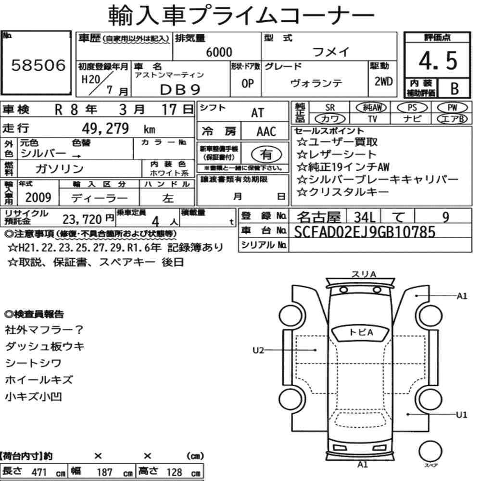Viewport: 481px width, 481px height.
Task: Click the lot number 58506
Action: click(38, 65)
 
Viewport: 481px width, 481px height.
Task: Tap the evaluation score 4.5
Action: click(438, 61)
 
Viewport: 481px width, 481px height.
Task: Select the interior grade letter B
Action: click(455, 89)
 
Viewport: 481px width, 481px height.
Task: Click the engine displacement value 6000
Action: click(219, 52)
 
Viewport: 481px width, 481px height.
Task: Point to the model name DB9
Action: click(180, 90)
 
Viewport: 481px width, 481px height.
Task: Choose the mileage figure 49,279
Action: click(105, 128)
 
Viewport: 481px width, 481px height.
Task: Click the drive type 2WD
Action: click(383, 81)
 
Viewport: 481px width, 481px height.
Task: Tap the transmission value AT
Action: click(258, 113)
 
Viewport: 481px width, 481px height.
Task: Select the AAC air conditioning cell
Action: click(266, 132)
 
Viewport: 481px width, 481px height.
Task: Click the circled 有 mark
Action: click(266, 154)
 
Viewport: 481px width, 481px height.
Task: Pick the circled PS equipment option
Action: click(412, 108)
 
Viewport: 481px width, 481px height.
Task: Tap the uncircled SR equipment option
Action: click(330, 108)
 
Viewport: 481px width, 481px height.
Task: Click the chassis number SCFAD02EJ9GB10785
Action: click(365, 232)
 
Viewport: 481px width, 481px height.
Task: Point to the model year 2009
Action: click(38, 198)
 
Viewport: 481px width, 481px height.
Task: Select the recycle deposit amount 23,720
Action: click(82, 219)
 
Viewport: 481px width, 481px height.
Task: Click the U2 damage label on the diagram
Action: click(258, 350)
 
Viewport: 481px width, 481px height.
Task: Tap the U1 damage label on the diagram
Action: click(461, 415)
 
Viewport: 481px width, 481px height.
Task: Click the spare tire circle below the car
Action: click(430, 452)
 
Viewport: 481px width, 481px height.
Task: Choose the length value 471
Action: click(39, 472)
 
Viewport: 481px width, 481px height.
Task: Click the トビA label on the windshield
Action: click(361, 332)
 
